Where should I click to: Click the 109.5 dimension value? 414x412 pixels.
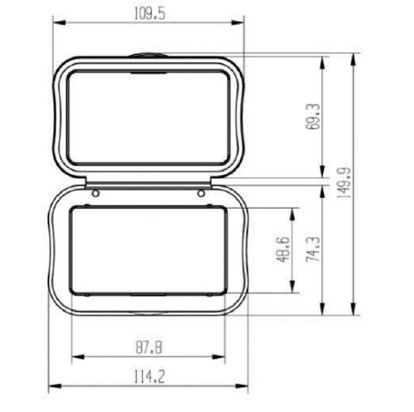click(150, 14)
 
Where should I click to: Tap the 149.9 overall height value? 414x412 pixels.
click(344, 182)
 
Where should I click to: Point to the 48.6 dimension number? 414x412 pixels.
click(283, 250)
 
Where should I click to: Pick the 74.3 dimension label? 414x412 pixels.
click(313, 250)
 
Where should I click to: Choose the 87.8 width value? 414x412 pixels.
click(149, 347)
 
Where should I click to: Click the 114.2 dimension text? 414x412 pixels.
click(149, 377)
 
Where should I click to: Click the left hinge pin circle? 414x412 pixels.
click(95, 193)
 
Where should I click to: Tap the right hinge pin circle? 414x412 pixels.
click(201, 193)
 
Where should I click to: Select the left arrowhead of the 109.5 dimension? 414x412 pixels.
click(60, 23)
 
